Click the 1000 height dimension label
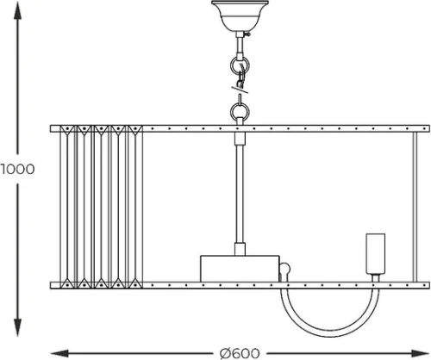(x=17, y=169)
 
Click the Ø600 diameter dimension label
(x=240, y=353)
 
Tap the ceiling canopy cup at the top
(x=240, y=16)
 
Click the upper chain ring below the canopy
(x=240, y=65)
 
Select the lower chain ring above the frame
(x=240, y=112)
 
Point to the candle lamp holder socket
(x=375, y=254)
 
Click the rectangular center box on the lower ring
(x=240, y=269)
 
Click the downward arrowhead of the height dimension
(x=17, y=327)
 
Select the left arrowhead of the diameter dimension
(x=59, y=353)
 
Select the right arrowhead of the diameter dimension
(x=420, y=353)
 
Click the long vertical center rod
(x=240, y=194)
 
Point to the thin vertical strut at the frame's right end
(x=415, y=207)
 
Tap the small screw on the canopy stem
(x=247, y=34)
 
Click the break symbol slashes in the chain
(x=240, y=89)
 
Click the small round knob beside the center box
(x=285, y=269)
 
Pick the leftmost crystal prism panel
(x=67, y=207)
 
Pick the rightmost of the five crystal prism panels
(x=135, y=207)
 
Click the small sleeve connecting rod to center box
(x=240, y=249)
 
